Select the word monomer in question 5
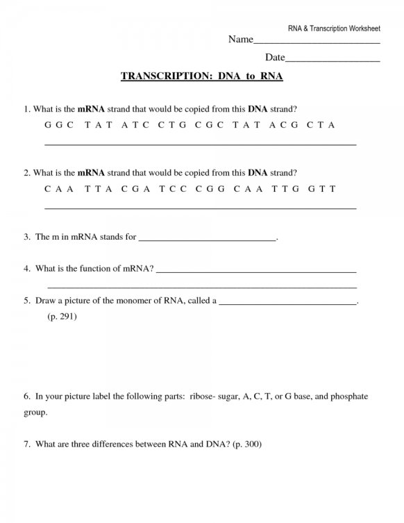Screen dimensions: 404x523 tap(140, 301)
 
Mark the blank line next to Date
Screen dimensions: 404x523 tap(333, 60)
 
